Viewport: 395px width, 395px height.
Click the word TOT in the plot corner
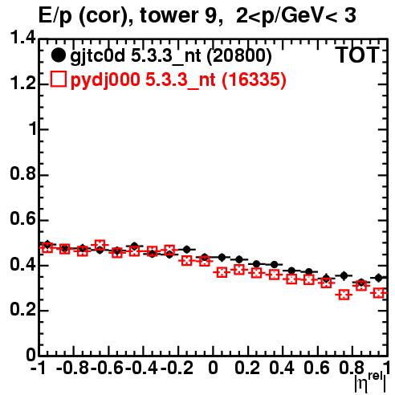click(x=356, y=55)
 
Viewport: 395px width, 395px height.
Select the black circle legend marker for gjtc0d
click(x=58, y=55)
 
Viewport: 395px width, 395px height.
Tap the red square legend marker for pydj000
click(x=58, y=79)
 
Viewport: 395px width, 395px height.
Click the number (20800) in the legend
click(x=239, y=56)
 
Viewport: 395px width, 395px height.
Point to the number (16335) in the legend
click(x=255, y=79)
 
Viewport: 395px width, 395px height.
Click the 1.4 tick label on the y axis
click(x=22, y=38)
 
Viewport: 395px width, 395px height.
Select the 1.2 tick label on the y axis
click(x=22, y=83)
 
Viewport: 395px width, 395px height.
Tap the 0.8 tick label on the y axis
click(x=22, y=173)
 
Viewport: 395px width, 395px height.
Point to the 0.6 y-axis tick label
click(x=22, y=219)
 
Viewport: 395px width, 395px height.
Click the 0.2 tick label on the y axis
click(x=22, y=309)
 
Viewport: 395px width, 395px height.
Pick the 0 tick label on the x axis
click(x=213, y=368)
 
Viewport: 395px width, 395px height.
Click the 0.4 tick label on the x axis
click(x=282, y=368)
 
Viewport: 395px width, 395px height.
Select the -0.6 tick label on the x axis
click(x=107, y=368)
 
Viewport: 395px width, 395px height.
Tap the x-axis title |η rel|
click(x=370, y=381)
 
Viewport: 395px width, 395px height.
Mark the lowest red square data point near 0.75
click(x=344, y=295)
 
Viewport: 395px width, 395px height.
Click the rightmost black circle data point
click(x=379, y=278)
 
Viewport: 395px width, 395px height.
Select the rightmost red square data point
click(x=379, y=293)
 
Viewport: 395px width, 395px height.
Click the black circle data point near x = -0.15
click(x=187, y=250)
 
